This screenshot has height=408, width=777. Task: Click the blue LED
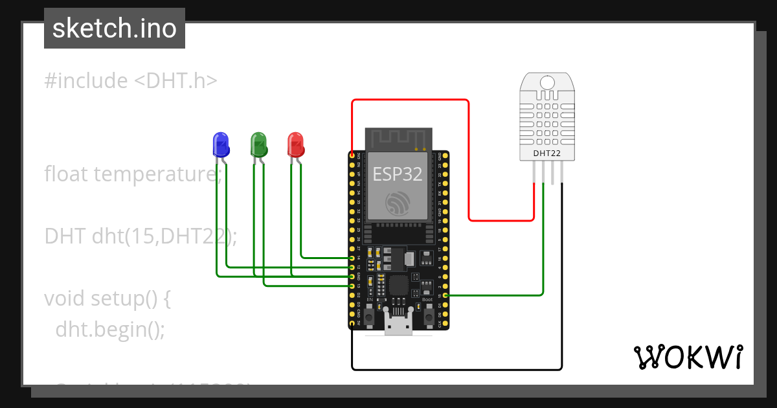pos(221,144)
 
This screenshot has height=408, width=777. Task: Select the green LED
pos(259,144)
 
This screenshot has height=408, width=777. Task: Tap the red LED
pos(295,144)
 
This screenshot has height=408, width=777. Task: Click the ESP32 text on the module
pos(397,174)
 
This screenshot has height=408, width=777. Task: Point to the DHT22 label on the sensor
pos(546,153)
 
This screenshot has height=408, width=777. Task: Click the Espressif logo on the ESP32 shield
pos(397,203)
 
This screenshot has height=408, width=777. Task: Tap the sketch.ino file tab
pos(115,28)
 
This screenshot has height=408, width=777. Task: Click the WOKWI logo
pos(688,357)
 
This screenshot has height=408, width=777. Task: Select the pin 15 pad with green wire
pos(444,295)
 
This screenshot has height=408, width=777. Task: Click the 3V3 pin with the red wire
pos(352,156)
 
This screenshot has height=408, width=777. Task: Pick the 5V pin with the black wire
pos(352,323)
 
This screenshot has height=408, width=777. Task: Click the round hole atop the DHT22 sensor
pos(547,82)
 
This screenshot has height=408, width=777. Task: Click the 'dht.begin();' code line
pos(110,330)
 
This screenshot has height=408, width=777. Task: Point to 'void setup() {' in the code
pos(107,299)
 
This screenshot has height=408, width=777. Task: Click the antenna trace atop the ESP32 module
pos(398,138)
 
